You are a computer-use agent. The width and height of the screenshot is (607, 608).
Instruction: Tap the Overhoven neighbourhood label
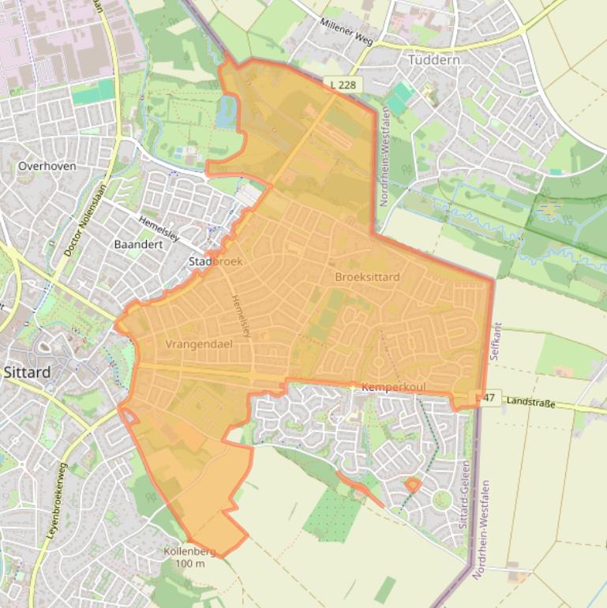(47, 167)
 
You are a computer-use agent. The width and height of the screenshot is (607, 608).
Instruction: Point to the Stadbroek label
(215, 261)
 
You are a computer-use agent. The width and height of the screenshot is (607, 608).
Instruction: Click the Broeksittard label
(367, 277)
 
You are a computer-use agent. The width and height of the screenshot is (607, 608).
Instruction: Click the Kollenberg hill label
(189, 551)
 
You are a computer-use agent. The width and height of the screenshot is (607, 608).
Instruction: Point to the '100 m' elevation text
(189, 563)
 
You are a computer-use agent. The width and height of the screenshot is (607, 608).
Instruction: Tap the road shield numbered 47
(485, 398)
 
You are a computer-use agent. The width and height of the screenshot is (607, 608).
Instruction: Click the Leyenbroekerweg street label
(52, 501)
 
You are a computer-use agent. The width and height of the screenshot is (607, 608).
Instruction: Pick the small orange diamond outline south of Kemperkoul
(411, 484)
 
